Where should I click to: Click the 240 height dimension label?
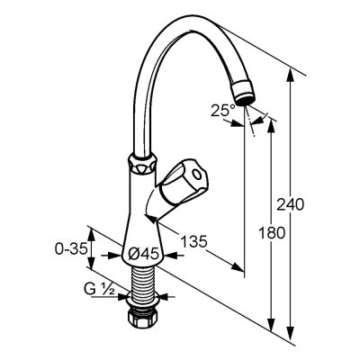tap(290, 204)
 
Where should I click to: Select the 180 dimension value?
tap(272, 233)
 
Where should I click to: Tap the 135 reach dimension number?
tap(193, 241)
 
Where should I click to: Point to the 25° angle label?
tap(223, 111)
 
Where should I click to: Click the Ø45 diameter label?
tap(143, 255)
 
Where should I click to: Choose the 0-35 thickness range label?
tap(71, 248)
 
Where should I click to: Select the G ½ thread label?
tap(99, 289)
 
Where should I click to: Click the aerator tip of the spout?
tap(244, 94)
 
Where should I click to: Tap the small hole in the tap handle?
tap(197, 175)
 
